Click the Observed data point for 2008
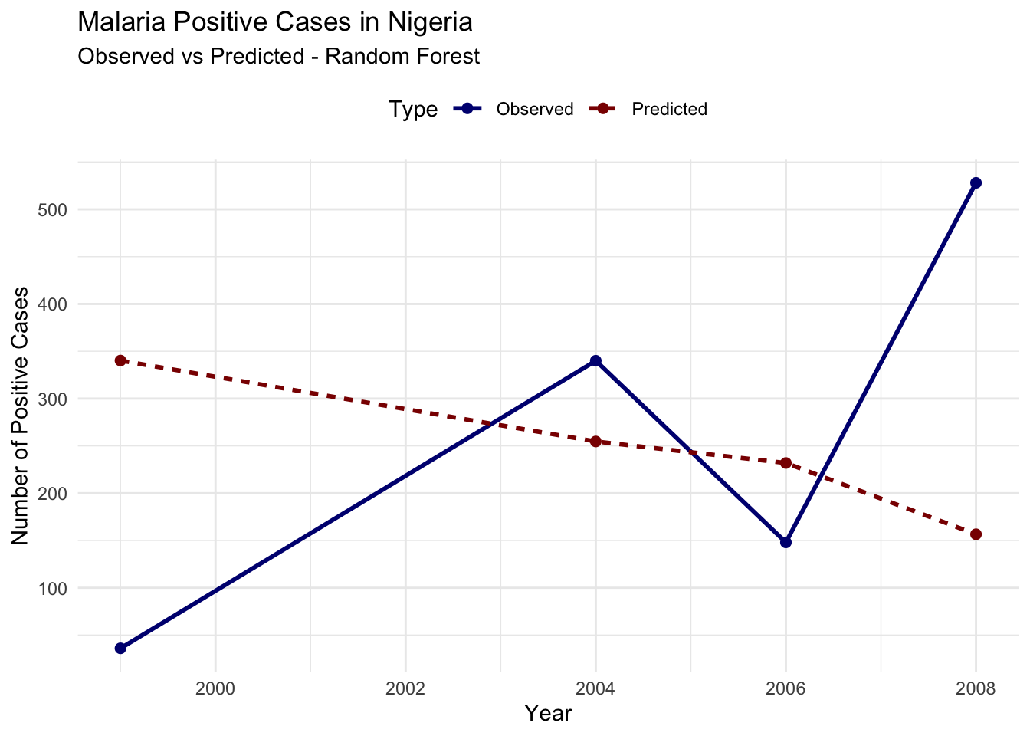pyautogui.click(x=976, y=182)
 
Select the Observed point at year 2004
pyautogui.click(x=595, y=360)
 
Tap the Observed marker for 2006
pyautogui.click(x=786, y=542)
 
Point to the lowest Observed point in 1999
pyautogui.click(x=120, y=648)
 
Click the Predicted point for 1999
pyautogui.click(x=120, y=360)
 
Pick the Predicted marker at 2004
pyautogui.click(x=595, y=442)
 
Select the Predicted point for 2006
pyautogui.click(x=786, y=462)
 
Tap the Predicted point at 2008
pyautogui.click(x=976, y=534)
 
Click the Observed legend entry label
pyautogui.click(x=534, y=110)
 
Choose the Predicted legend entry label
pyautogui.click(x=669, y=110)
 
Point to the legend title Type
pyautogui.click(x=413, y=110)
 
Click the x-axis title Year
pyautogui.click(x=548, y=714)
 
